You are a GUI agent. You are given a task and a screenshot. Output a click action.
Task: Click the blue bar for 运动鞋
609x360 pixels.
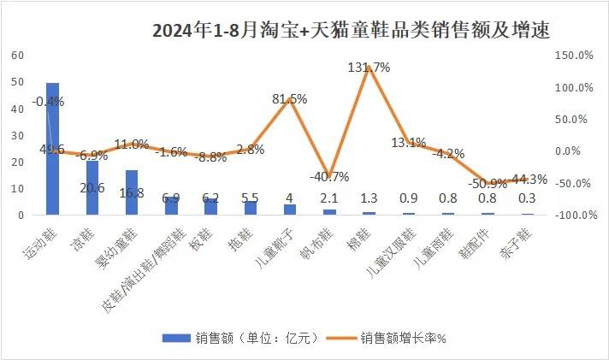tap(52, 149)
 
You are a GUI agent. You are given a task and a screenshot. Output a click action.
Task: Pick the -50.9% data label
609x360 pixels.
tap(488, 184)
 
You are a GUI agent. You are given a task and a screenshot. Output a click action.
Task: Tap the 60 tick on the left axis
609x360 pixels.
tap(17, 55)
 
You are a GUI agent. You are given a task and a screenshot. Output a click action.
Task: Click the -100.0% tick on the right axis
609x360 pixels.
tap(569, 215)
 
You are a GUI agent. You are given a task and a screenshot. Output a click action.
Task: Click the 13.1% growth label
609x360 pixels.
tap(409, 143)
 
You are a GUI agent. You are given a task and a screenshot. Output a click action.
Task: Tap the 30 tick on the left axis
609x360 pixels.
tap(17, 135)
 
